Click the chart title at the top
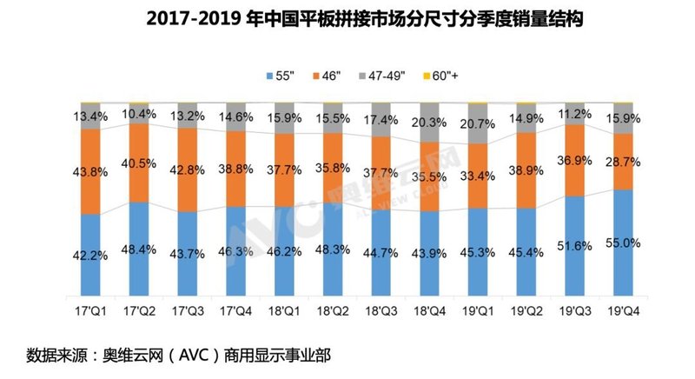(347, 18)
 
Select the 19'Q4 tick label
(625, 310)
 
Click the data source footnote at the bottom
(179, 355)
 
